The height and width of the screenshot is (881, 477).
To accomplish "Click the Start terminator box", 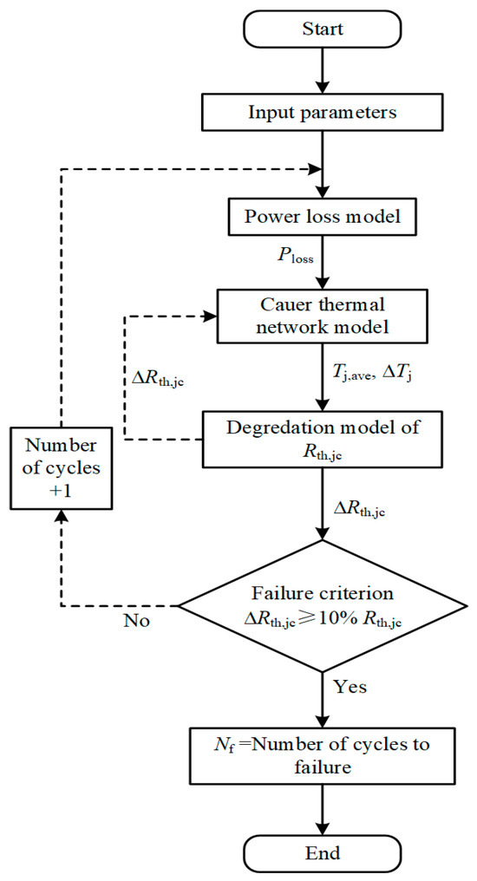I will (323, 29).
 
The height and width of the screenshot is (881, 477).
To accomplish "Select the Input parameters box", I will (323, 113).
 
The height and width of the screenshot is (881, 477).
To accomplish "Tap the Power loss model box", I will (323, 216).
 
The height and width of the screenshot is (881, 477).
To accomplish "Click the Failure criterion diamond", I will (323, 605).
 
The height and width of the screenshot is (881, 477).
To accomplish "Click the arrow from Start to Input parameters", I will (323, 71).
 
